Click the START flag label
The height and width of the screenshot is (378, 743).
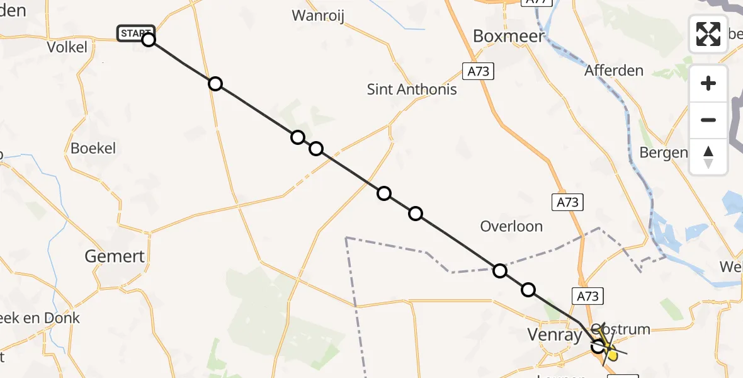click(135, 33)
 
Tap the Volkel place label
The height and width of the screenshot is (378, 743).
click(67, 47)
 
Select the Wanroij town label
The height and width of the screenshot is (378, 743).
click(317, 15)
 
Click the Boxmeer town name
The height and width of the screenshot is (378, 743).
click(508, 36)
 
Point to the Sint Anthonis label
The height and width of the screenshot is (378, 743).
click(412, 89)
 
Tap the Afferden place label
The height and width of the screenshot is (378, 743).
click(613, 70)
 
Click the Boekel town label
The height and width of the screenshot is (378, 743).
click(93, 149)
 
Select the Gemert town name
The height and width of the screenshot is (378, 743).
click(115, 256)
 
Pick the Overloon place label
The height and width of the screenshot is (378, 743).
click(511, 226)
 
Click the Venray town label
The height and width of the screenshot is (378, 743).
click(555, 335)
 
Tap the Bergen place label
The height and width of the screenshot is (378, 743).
click(663, 152)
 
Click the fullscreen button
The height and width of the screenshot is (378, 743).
click(708, 33)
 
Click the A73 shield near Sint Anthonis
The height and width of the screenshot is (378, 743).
click(478, 72)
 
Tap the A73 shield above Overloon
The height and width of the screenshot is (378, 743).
click(567, 202)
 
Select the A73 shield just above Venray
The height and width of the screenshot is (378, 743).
click(587, 296)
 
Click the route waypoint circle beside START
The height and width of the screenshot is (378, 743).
click(148, 40)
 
